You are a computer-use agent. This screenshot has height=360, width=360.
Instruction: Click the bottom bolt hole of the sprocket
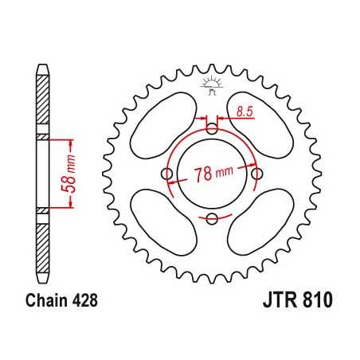[211, 219]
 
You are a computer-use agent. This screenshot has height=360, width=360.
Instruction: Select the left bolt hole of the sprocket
[166, 174]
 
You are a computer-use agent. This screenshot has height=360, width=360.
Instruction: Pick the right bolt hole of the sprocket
[256, 174]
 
